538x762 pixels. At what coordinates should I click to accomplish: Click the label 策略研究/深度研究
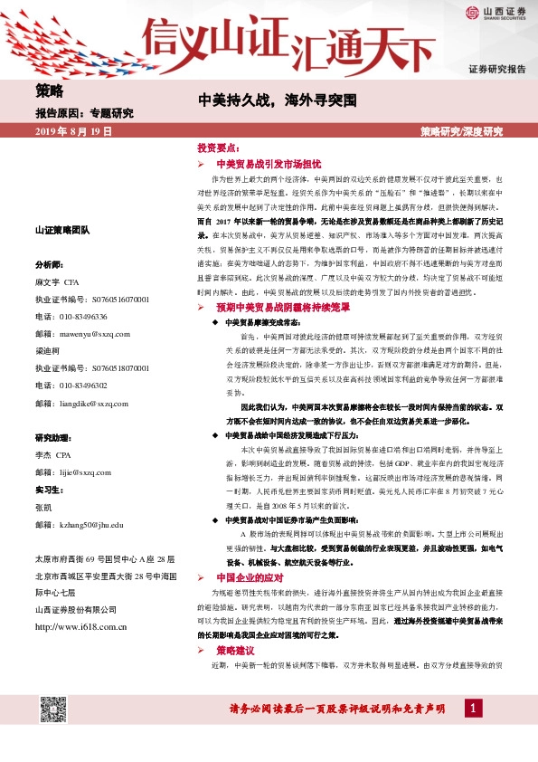point(462,132)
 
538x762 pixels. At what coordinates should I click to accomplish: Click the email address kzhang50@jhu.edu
point(79,524)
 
